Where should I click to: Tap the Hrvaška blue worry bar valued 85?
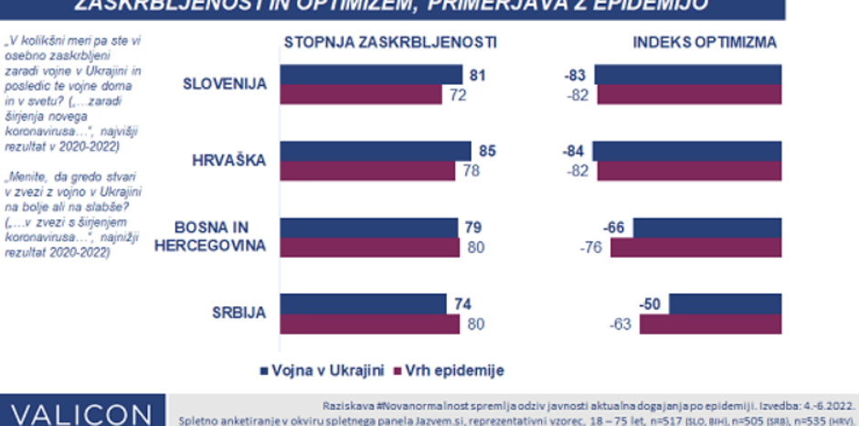tap(375, 150)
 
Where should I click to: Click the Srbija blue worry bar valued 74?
tap(362, 304)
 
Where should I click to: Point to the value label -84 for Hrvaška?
tap(578, 150)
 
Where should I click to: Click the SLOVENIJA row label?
tap(224, 84)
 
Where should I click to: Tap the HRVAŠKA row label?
tap(229, 160)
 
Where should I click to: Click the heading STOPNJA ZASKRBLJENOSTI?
tap(390, 42)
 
